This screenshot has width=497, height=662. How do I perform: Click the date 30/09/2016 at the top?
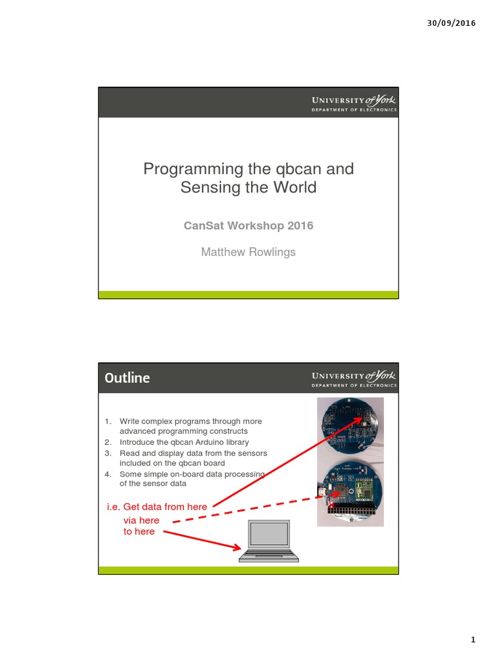point(451,23)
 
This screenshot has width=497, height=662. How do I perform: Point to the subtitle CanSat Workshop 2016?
point(248,226)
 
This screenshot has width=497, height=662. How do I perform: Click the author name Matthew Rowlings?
point(248,252)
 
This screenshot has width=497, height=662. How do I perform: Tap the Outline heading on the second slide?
point(127,378)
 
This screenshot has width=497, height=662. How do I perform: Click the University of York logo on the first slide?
point(354,103)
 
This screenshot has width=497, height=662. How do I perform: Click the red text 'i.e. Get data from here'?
point(157,507)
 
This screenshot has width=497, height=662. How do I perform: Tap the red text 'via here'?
point(141,520)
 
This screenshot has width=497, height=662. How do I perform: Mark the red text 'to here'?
point(139,531)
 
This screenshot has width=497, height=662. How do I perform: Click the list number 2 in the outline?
point(108,442)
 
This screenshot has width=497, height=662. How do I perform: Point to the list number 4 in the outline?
point(108,474)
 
